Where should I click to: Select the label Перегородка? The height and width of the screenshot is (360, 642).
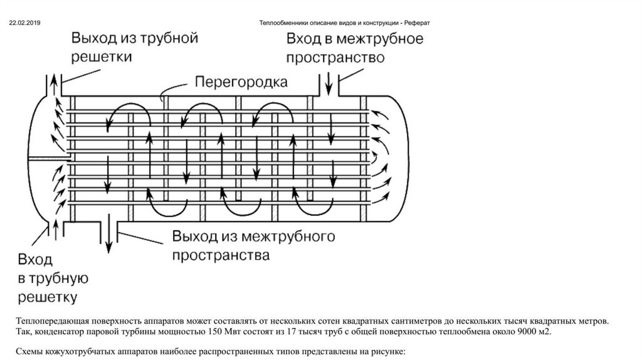click(x=241, y=82)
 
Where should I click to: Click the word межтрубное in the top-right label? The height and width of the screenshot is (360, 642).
click(x=381, y=39)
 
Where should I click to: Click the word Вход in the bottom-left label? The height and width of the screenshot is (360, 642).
click(x=36, y=260)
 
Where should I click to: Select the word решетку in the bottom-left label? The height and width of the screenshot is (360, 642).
click(x=47, y=295)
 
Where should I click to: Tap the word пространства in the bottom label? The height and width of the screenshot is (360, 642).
click(x=221, y=256)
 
